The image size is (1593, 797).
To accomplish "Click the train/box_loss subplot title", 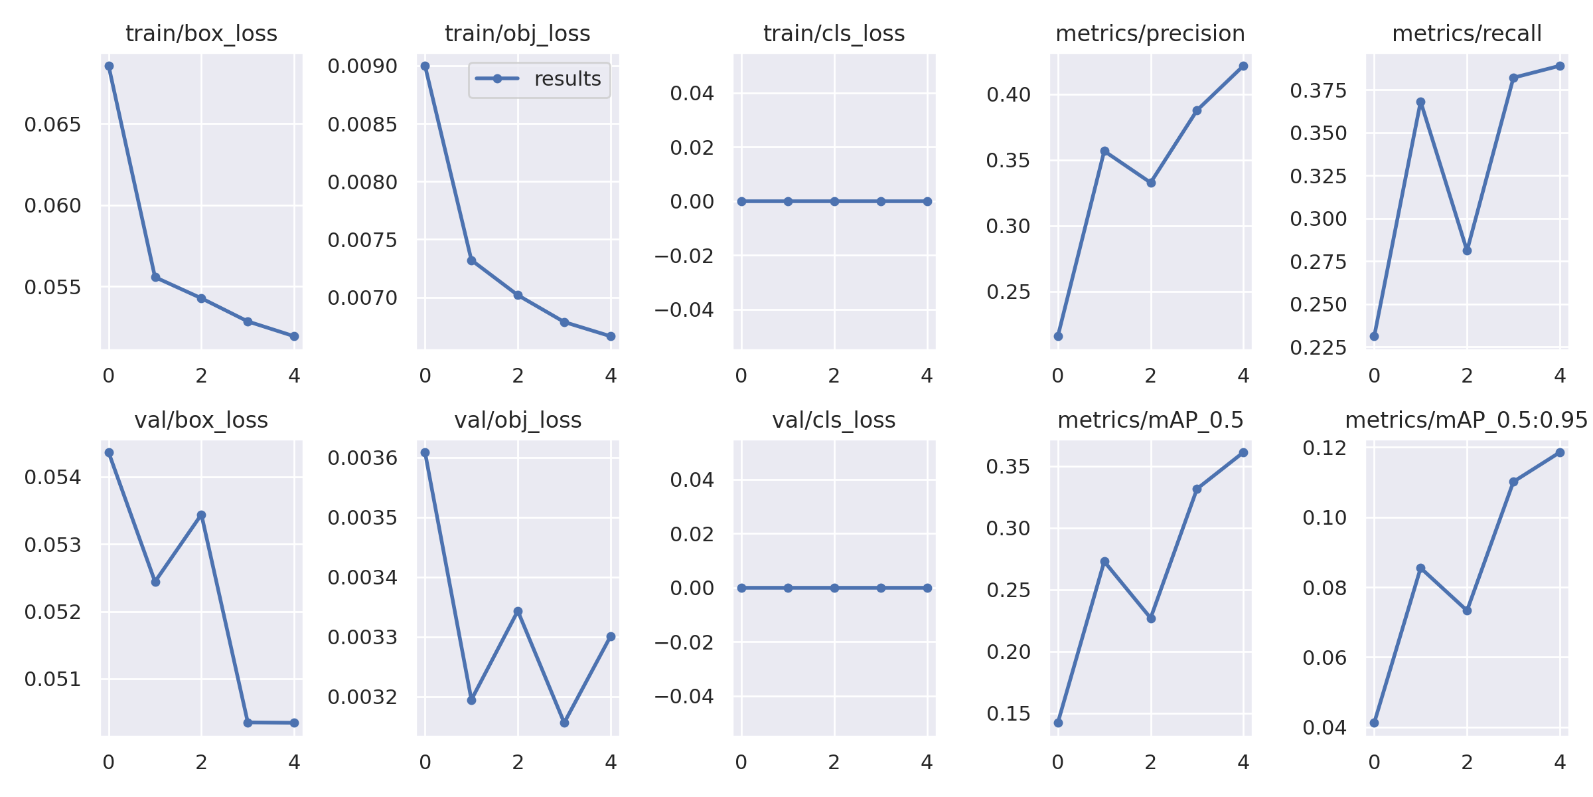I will pyautogui.click(x=201, y=33).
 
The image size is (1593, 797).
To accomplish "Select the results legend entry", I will pyautogui.click(x=538, y=79).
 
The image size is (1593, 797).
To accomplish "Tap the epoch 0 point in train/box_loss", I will pyautogui.click(x=109, y=66).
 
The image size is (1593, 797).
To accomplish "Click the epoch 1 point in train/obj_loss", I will pyautogui.click(x=471, y=260).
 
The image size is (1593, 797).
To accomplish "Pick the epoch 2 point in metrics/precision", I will pyautogui.click(x=1151, y=183).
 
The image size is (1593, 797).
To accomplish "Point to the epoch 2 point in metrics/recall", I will pyautogui.click(x=1467, y=250).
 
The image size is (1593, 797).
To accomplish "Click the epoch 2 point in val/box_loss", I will pyautogui.click(x=201, y=515).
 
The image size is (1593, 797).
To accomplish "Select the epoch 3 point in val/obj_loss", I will pyautogui.click(x=564, y=723).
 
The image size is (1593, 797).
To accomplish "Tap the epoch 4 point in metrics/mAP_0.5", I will pyautogui.click(x=1243, y=453).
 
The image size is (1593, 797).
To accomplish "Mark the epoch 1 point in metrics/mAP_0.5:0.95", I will pyautogui.click(x=1420, y=569).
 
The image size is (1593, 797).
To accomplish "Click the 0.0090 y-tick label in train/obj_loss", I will pyautogui.click(x=362, y=66).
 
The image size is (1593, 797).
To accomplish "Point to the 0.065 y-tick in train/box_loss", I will pyautogui.click(x=52, y=124).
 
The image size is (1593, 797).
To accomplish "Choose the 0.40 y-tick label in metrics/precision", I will pyautogui.click(x=1008, y=94).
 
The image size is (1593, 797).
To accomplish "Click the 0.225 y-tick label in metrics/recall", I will pyautogui.click(x=1318, y=347).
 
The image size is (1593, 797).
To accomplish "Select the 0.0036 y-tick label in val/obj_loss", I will pyautogui.click(x=362, y=458).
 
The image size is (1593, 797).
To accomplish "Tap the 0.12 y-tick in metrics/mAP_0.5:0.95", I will pyautogui.click(x=1325, y=448).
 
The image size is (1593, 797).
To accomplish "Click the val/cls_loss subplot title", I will pyautogui.click(x=834, y=420).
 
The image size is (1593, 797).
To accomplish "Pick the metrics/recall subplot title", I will pyautogui.click(x=1467, y=33).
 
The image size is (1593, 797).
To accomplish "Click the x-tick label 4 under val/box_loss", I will pyautogui.click(x=294, y=762).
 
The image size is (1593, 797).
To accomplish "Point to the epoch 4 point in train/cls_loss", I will pyautogui.click(x=927, y=201).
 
